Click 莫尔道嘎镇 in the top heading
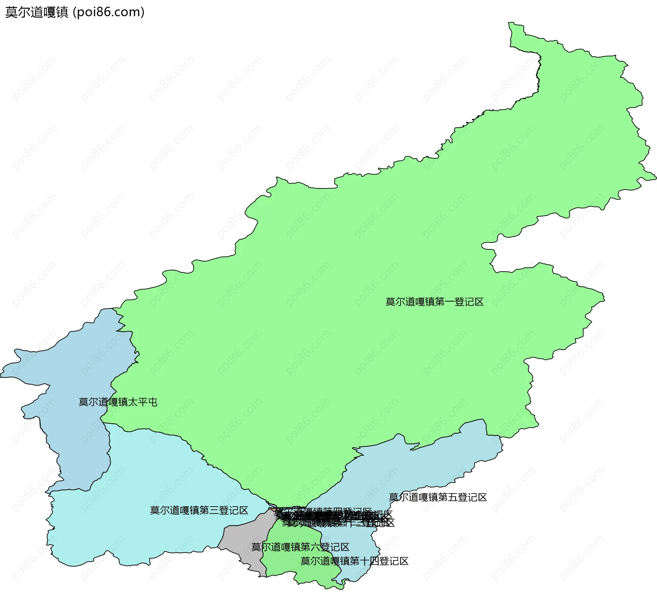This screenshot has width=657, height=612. click(37, 12)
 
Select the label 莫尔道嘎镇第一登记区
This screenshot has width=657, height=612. click(434, 302)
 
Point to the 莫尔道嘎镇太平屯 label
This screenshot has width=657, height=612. click(118, 402)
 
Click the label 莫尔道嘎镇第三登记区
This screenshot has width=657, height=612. click(199, 510)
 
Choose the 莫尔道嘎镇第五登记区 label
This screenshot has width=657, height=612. click(438, 497)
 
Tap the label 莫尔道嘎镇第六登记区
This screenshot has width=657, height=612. click(300, 547)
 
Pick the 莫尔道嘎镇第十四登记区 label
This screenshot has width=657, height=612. click(354, 561)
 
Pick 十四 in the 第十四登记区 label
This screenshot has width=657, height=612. click(369, 561)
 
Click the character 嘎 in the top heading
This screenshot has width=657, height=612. click(50, 12)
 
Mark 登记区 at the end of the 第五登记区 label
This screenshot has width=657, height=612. click(472, 497)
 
